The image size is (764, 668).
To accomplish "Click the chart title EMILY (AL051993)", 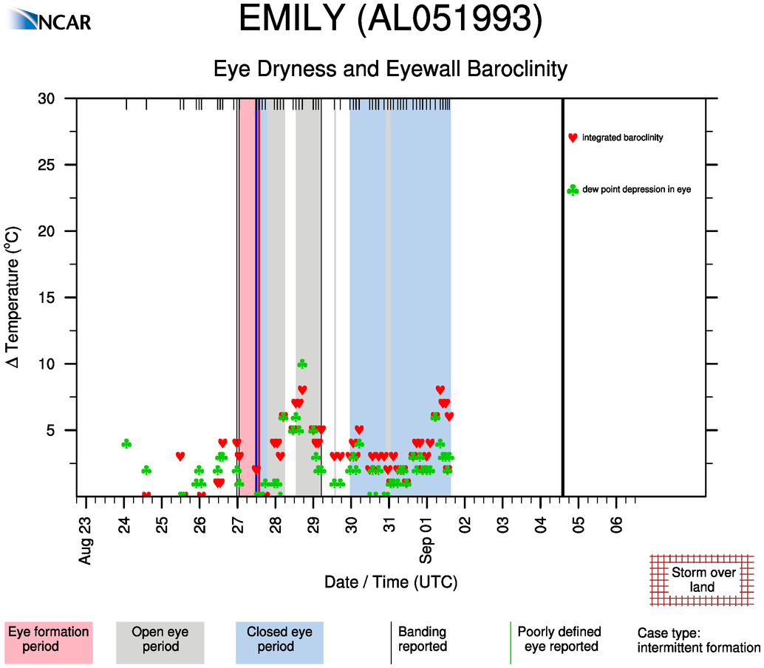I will [x=390, y=20].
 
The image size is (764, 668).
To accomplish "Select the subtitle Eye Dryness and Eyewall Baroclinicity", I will [x=390, y=69].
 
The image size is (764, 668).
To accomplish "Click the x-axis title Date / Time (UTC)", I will [x=391, y=582].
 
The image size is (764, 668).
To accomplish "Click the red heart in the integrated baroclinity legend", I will [x=572, y=138].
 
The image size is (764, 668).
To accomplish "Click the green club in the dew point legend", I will [x=572, y=190].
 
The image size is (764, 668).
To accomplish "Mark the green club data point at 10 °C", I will [x=301, y=364].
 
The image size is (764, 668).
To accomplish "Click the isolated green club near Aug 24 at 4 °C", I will [x=126, y=443].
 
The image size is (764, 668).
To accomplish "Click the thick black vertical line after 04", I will [x=563, y=296].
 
